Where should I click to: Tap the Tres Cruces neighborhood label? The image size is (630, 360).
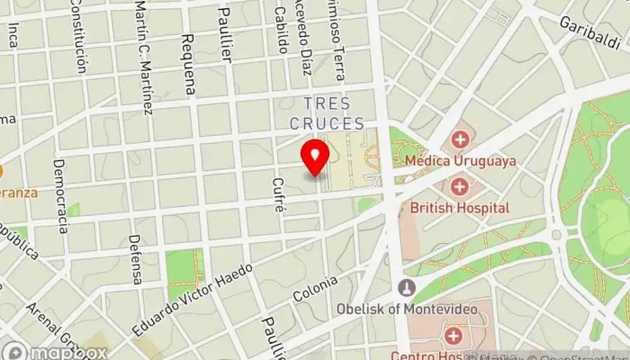point(328,113)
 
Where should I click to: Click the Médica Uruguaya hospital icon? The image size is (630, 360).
point(460,139)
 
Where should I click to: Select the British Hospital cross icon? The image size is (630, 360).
point(460,185)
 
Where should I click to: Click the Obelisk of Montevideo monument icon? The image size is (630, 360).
point(407,288)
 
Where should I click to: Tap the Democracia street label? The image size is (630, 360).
point(60,195)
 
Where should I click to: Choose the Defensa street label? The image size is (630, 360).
point(136,259)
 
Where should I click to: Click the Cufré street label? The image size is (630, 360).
point(279,194)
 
